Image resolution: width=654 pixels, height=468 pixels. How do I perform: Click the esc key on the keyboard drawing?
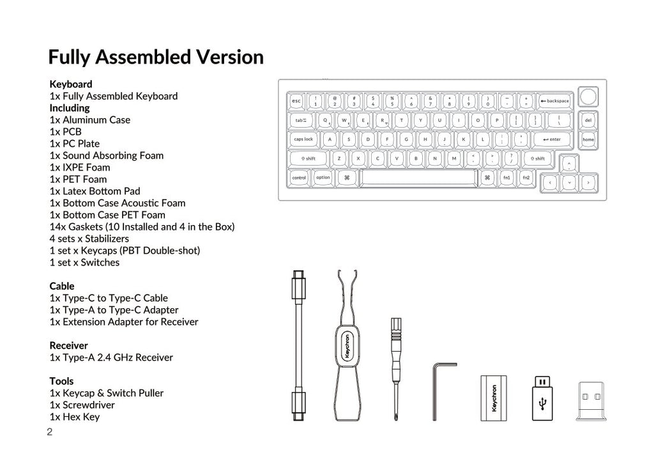pyautogui.click(x=296, y=101)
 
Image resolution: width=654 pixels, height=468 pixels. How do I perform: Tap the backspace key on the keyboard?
pyautogui.click(x=554, y=101)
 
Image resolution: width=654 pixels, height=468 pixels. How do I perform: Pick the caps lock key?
pyautogui.click(x=303, y=139)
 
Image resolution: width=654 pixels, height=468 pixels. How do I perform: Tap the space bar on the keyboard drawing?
pyautogui.click(x=418, y=178)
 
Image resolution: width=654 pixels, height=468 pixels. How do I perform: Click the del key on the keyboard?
pyautogui.click(x=588, y=120)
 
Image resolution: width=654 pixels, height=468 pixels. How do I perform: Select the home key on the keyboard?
pyautogui.click(x=588, y=139)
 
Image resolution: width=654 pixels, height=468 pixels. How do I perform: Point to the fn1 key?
pyautogui.click(x=506, y=178)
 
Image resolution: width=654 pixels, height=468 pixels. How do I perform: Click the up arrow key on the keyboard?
pyautogui.click(x=568, y=163)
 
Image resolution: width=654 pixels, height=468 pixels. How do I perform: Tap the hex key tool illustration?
pyautogui.click(x=441, y=390)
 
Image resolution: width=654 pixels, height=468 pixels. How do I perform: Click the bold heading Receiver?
pyautogui.click(x=69, y=346)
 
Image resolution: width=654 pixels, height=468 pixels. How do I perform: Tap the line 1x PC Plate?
pyautogui.click(x=75, y=144)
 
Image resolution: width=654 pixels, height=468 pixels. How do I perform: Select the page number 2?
pyautogui.click(x=50, y=432)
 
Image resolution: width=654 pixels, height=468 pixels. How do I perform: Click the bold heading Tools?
pyautogui.click(x=61, y=381)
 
